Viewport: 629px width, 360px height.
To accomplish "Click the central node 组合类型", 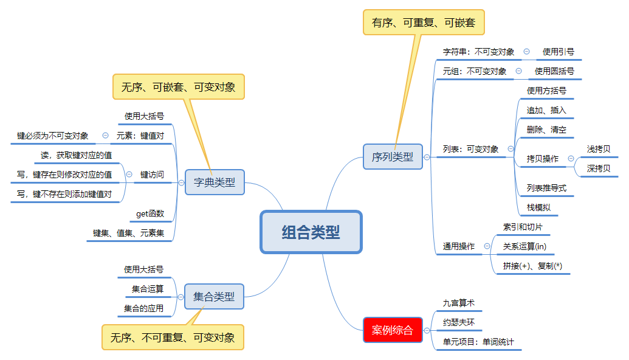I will click(311, 232).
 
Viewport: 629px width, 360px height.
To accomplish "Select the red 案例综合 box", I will click(392, 330).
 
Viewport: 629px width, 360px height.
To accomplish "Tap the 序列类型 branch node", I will click(392, 156).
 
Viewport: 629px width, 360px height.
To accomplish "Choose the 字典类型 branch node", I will click(214, 182).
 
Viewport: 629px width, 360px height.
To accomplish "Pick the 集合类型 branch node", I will click(214, 297).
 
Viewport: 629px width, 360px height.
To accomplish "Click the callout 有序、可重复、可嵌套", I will click(424, 22).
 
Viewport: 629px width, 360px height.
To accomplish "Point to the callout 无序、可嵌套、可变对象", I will click(178, 87).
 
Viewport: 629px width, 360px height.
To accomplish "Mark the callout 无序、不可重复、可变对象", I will click(173, 337).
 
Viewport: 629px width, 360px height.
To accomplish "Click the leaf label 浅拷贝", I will click(598, 149).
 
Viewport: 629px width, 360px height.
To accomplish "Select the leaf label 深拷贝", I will click(598, 168).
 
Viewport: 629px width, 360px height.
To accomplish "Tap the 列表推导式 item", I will click(546, 188).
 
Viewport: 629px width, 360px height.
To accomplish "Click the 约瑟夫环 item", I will click(458, 322).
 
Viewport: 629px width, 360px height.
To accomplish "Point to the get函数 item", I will click(150, 213).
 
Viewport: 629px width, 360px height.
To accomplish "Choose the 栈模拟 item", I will click(538, 207).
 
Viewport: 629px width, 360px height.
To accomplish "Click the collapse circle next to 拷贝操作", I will click(571, 159).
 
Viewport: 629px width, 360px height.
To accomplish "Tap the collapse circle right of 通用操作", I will click(487, 246).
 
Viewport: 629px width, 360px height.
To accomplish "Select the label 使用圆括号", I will click(554, 71).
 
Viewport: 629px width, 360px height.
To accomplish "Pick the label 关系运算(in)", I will click(524, 246).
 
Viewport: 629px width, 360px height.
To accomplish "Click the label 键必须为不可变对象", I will click(53, 136).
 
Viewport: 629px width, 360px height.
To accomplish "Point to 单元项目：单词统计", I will click(478, 342).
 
